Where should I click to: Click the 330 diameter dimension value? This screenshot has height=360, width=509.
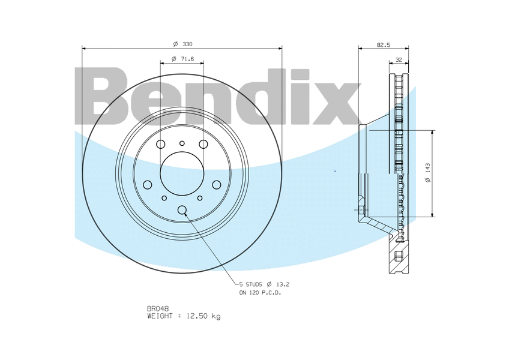[x=187, y=44]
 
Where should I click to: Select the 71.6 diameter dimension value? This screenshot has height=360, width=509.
[x=187, y=59]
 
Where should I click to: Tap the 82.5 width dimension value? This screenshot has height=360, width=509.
[x=384, y=45]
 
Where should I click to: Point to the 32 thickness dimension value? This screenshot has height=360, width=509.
[x=399, y=60]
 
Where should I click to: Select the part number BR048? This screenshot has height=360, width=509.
[x=158, y=308]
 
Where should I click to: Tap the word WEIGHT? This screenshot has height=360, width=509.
[x=160, y=316]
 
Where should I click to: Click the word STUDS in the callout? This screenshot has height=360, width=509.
[x=254, y=284]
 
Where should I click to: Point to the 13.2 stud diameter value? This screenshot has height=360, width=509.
[x=283, y=284]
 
